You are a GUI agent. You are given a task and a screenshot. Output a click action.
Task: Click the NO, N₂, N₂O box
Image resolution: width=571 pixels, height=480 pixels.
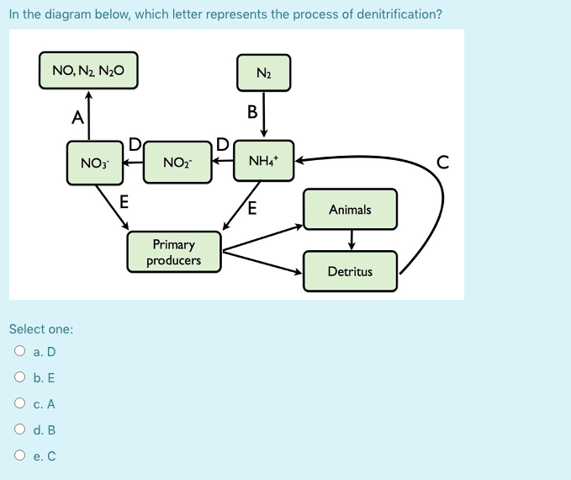(x=88, y=71)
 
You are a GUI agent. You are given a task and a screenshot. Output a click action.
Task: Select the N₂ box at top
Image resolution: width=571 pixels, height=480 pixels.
(x=263, y=72)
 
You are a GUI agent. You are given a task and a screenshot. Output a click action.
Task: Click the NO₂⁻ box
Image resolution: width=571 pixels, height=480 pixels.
(x=177, y=162)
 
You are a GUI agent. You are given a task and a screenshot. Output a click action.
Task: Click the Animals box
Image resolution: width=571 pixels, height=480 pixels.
(x=350, y=210)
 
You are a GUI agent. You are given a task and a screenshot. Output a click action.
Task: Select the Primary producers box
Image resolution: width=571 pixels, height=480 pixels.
(x=175, y=253)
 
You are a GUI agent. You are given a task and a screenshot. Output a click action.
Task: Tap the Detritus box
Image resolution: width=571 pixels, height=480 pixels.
(x=350, y=271)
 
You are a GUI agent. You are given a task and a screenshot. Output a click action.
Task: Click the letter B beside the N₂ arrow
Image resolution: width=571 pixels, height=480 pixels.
(x=251, y=111)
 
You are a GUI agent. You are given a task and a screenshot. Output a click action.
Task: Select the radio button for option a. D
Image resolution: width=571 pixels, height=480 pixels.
(x=20, y=352)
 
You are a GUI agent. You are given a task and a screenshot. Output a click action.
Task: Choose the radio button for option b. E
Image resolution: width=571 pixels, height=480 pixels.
(x=20, y=378)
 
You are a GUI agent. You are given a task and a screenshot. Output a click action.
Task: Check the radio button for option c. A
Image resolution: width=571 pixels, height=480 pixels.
(x=20, y=404)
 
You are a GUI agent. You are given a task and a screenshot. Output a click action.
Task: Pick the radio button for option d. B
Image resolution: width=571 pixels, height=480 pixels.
(x=20, y=430)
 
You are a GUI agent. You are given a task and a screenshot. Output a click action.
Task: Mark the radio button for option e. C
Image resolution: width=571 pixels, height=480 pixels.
(x=20, y=456)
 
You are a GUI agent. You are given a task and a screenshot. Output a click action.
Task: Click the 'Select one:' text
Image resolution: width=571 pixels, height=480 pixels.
(x=41, y=328)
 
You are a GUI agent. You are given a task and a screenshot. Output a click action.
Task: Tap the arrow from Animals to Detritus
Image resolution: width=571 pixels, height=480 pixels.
(x=351, y=239)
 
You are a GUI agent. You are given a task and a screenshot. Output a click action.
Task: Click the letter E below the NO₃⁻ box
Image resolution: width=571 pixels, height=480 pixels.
(x=124, y=201)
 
